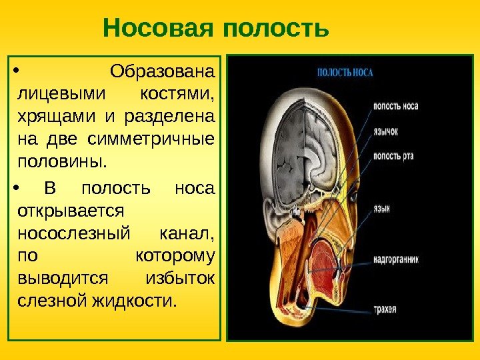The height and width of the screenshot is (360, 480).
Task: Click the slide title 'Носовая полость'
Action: [216, 29]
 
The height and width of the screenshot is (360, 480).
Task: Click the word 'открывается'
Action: [69, 211]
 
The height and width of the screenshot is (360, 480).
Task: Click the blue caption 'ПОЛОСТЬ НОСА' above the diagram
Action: [344, 71]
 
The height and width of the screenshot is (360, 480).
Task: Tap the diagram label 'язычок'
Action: [385, 131]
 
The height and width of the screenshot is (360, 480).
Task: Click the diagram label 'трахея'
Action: [385, 309]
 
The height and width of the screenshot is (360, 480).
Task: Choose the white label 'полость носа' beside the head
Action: [396, 106]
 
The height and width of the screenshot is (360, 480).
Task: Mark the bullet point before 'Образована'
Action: [17, 69]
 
